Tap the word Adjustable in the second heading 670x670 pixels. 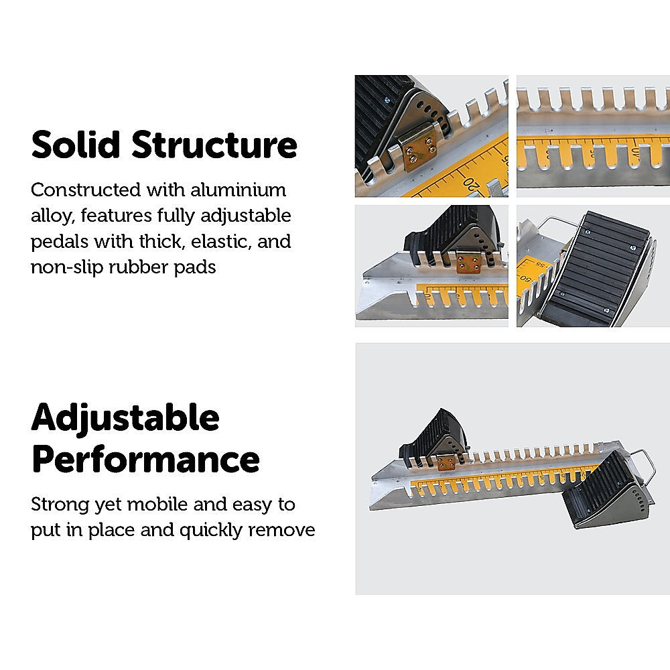[125, 419]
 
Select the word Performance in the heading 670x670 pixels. [145, 460]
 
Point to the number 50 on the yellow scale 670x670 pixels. [527, 277]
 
